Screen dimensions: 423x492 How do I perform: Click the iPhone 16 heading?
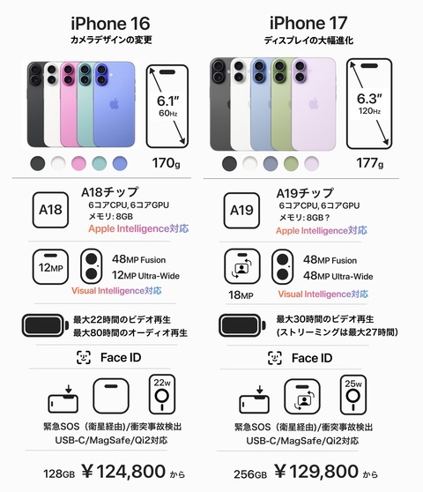click(110, 24)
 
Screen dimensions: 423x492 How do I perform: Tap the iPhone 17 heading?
click(308, 23)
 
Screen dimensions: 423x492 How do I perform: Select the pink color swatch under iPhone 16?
click(78, 163)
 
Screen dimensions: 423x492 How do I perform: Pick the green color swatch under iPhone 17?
click(291, 163)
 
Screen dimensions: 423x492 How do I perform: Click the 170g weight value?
click(167, 163)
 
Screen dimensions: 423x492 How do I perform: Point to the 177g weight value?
click(370, 163)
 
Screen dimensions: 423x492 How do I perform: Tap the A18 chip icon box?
click(50, 210)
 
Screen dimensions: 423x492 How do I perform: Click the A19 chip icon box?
click(241, 211)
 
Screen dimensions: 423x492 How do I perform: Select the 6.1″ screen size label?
click(167, 101)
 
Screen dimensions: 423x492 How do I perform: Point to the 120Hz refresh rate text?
click(369, 111)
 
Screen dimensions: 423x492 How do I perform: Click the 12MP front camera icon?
click(50, 267)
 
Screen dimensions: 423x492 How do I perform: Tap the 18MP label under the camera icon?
click(241, 295)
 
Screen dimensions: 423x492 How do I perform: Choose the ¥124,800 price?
click(123, 472)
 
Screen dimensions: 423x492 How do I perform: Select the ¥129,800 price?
click(316, 472)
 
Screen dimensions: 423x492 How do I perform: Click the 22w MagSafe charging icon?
click(162, 394)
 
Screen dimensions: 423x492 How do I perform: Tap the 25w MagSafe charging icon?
click(353, 395)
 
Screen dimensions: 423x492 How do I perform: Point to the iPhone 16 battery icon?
click(45, 325)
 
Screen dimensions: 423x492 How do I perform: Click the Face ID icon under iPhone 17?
click(275, 358)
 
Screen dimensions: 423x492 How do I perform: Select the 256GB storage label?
click(250, 474)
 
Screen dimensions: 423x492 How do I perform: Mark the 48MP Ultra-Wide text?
click(338, 276)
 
